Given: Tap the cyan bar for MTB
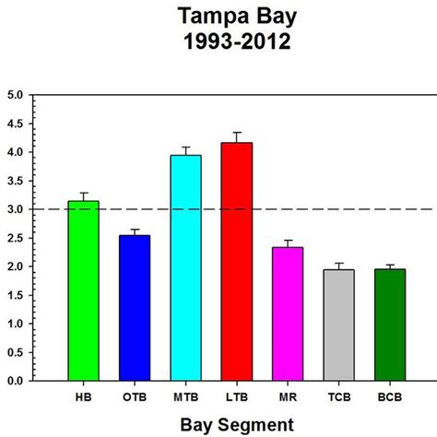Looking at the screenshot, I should pyautogui.click(x=186, y=267).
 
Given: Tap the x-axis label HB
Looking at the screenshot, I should pyautogui.click(x=83, y=397).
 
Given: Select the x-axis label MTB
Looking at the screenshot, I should pyautogui.click(x=186, y=397).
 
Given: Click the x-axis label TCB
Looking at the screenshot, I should pyautogui.click(x=339, y=397).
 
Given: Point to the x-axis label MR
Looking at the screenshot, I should pyautogui.click(x=288, y=397).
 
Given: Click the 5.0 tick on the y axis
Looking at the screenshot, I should pyautogui.click(x=16, y=95).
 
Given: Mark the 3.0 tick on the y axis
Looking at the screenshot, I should pyautogui.click(x=16, y=209).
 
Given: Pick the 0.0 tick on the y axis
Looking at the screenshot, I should pyautogui.click(x=16, y=380).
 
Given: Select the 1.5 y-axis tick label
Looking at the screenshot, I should pyautogui.click(x=16, y=295).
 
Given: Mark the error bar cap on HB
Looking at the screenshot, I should pyautogui.click(x=83, y=193).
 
